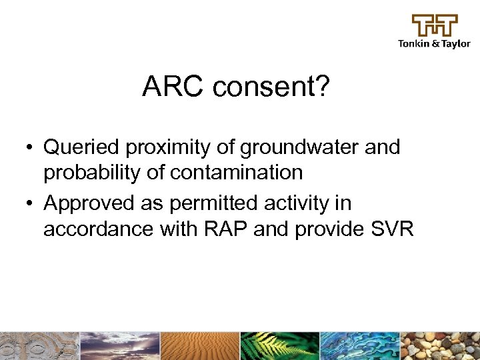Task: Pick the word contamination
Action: [x=236, y=173]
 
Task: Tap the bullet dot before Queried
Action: [x=31, y=147]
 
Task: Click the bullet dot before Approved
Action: [x=31, y=203]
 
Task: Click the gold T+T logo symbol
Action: [x=435, y=25]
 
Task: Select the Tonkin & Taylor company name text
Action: [x=434, y=44]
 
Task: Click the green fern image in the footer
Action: [x=280, y=346]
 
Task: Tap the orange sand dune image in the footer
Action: [x=200, y=346]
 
